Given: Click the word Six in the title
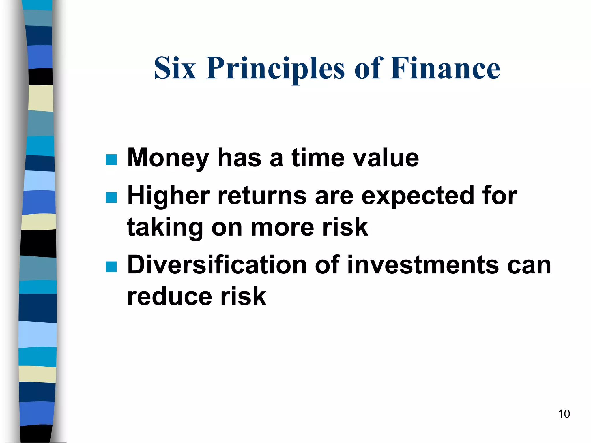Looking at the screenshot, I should (x=175, y=68).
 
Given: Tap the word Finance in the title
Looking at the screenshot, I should (x=445, y=68).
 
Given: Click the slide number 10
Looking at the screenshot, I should (x=564, y=414).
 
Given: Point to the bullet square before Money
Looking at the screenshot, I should (x=111, y=159).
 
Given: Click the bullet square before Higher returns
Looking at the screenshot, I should (x=111, y=198).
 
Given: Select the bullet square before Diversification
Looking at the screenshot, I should (x=111, y=267).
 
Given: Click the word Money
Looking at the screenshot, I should (x=168, y=158).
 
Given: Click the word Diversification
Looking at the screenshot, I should (x=217, y=265).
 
